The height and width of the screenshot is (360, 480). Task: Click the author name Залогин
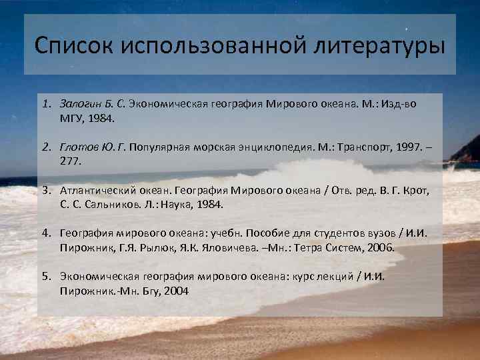click(x=78, y=105)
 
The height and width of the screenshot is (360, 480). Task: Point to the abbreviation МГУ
click(x=71, y=118)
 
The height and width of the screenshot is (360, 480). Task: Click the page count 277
click(x=69, y=161)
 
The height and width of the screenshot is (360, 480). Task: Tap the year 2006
click(x=381, y=247)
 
